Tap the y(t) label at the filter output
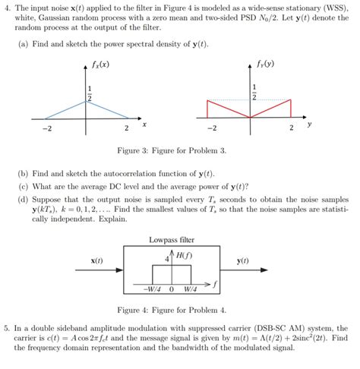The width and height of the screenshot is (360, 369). [x=244, y=260]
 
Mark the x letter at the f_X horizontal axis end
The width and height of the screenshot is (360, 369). [x=144, y=124]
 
